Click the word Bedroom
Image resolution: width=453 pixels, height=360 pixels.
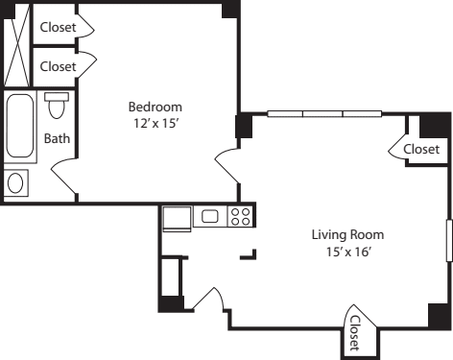pyautogui.click(x=155, y=107)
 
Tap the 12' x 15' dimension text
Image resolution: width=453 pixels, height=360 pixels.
pyautogui.click(x=155, y=123)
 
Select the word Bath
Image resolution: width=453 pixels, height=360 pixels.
pyautogui.click(x=58, y=138)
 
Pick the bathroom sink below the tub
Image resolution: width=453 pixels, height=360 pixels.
pyautogui.click(x=17, y=181)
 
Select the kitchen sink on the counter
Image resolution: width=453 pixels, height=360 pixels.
pyautogui.click(x=209, y=217)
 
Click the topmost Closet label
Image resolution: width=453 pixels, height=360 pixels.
pyautogui.click(x=58, y=28)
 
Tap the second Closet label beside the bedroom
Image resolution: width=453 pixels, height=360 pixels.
pyautogui.click(x=58, y=66)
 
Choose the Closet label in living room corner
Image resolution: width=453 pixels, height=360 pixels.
pyautogui.click(x=421, y=150)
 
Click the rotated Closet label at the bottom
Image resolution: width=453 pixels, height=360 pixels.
pyautogui.click(x=354, y=332)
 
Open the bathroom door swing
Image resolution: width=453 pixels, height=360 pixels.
pyautogui.click(x=63, y=177)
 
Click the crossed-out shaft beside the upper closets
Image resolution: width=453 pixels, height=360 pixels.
pyautogui.click(x=17, y=48)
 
